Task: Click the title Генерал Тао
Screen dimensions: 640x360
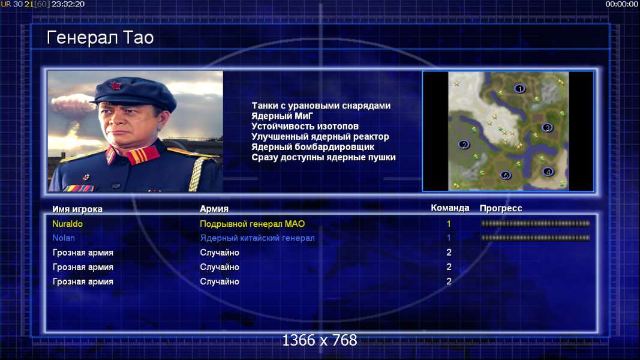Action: tap(100, 38)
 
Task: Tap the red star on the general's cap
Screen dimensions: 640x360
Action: tap(115, 86)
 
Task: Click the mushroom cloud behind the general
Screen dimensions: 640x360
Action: tap(72, 107)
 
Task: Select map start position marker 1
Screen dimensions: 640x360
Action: tap(519, 89)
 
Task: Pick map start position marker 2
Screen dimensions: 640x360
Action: tap(464, 145)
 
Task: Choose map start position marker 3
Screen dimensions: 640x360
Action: tap(548, 128)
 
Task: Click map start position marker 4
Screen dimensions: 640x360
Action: tap(548, 172)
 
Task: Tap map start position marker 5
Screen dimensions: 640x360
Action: tap(506, 176)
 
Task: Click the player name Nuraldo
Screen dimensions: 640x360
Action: tap(67, 224)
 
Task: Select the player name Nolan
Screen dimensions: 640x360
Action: tap(63, 238)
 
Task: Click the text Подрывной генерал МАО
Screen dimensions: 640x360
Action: tap(253, 224)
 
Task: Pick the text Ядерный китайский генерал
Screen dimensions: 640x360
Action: tap(257, 238)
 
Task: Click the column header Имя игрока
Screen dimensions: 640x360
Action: tap(77, 209)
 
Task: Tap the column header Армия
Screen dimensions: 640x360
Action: tap(214, 209)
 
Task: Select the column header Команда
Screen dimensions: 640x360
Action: tap(450, 208)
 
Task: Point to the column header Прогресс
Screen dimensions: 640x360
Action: tap(501, 209)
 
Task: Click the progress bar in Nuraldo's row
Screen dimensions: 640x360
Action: tap(536, 224)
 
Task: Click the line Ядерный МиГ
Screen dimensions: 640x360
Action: tap(282, 116)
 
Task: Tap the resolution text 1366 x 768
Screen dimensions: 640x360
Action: tap(320, 340)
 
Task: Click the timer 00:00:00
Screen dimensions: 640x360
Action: tap(621, 4)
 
